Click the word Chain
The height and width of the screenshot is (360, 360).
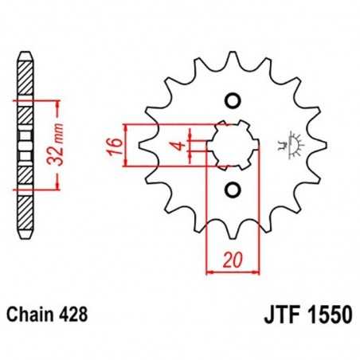[x=33, y=315]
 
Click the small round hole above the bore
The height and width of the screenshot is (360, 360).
[x=233, y=101]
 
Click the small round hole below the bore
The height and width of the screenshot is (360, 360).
[x=233, y=190]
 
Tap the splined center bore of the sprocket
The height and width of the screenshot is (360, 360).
[x=232, y=145]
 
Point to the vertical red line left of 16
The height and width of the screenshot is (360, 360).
[x=127, y=146]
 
